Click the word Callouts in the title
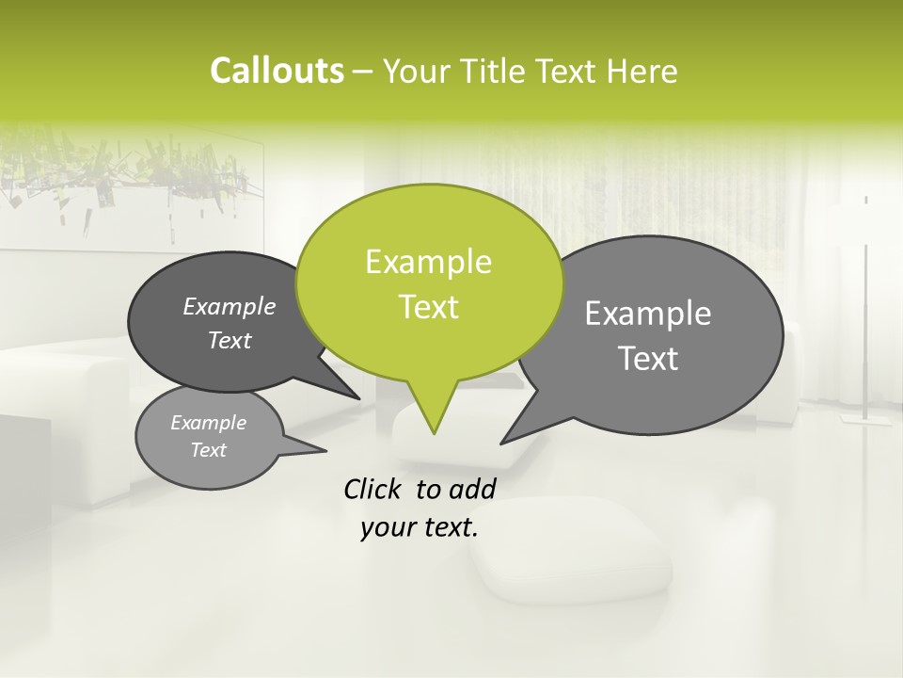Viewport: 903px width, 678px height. [x=277, y=71]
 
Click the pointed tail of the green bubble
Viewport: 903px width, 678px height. [x=434, y=414]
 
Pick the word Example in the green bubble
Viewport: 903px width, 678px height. [x=428, y=262]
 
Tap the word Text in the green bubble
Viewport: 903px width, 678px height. [x=429, y=307]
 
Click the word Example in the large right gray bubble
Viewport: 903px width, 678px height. [x=648, y=314]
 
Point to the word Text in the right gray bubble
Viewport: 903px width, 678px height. [x=649, y=359]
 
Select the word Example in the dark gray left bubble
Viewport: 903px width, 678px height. [x=230, y=306]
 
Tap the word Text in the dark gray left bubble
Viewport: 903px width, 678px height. [x=230, y=340]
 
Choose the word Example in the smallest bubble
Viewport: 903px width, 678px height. [x=209, y=423]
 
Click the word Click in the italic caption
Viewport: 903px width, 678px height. [x=373, y=489]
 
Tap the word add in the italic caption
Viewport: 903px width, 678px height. [x=471, y=489]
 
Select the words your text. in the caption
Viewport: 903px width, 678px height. [x=420, y=528]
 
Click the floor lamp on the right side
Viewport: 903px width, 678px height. [x=865, y=311]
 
